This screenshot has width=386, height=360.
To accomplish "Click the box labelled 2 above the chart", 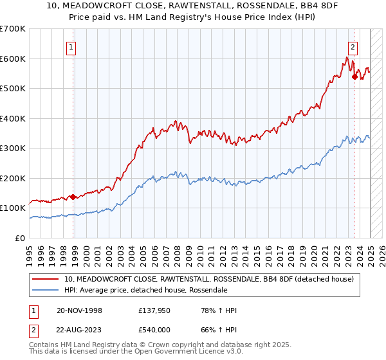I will click(354, 46).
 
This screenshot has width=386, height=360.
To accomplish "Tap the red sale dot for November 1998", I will click(73, 197).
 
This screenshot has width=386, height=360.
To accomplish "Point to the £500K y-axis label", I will click(13, 89).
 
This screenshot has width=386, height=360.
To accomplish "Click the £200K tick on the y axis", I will click(13, 178).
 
